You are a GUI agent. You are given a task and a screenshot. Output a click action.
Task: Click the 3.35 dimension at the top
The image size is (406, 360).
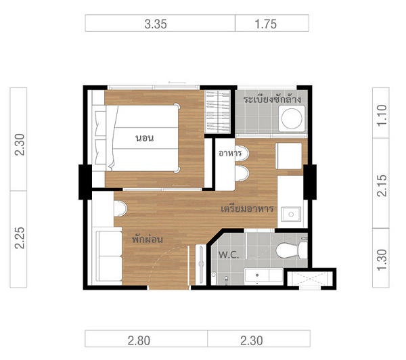click(156, 24)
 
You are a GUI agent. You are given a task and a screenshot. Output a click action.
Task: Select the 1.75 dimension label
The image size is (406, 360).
click(266, 24)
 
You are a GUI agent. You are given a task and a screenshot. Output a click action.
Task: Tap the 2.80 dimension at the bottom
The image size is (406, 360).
click(139, 340)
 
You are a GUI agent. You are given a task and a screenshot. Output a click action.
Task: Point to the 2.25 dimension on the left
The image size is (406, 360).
click(20, 238)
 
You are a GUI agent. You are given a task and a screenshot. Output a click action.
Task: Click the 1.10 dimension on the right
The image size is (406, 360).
click(382, 116)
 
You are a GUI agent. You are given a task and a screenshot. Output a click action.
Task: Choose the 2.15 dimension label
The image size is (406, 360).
click(382, 185)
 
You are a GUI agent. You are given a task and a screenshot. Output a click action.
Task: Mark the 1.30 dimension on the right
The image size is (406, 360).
click(382, 260)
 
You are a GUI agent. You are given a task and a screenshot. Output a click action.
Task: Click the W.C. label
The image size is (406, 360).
click(229, 255)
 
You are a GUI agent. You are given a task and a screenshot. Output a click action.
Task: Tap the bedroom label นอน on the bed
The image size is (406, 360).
click(145, 138)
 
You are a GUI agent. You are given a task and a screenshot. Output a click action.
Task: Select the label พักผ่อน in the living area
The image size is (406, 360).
click(148, 238)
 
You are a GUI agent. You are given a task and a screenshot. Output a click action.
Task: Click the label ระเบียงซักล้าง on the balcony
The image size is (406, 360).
click(272, 99)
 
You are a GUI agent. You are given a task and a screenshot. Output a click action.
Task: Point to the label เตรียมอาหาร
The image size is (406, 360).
click(247, 208)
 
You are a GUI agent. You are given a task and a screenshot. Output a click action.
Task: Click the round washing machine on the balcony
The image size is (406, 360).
click(292, 118)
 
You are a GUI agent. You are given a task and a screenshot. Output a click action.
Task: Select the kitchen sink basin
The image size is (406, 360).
click(291, 215)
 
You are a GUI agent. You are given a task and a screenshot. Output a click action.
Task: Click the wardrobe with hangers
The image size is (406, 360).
click(217, 112)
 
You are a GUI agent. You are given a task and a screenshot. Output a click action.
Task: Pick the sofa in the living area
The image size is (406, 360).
click(109, 256)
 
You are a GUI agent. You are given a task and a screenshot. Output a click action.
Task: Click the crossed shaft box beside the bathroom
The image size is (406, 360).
click(310, 279)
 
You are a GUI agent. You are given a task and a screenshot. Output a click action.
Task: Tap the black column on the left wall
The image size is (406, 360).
click(85, 182)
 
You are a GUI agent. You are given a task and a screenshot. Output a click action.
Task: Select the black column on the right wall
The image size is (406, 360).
click(310, 182)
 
